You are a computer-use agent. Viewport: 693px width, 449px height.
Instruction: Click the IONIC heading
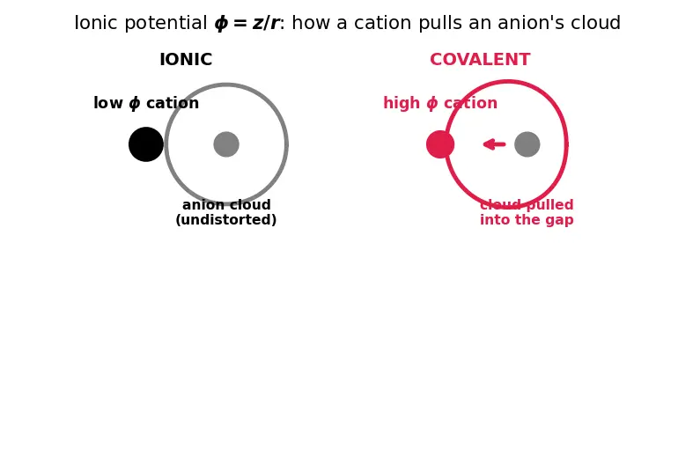(186, 60)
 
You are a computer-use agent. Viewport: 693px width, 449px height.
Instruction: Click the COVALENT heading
(480, 60)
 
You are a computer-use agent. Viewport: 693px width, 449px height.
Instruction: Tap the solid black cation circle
(146, 144)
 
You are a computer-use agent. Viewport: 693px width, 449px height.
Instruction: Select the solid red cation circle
(440, 144)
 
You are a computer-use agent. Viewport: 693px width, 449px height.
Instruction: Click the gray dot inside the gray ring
(226, 144)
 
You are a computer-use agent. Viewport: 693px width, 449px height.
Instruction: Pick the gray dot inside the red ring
(527, 144)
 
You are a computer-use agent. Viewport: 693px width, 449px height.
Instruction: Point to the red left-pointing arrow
(494, 144)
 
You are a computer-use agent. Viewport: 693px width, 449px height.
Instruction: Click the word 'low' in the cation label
(108, 103)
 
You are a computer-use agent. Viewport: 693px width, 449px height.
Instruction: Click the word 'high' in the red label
(402, 103)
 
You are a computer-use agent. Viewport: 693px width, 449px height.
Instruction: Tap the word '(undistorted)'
(225, 219)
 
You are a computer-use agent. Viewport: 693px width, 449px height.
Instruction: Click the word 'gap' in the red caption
(561, 220)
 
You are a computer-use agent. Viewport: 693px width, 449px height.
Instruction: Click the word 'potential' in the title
(166, 23)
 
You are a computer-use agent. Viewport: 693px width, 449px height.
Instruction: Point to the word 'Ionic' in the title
(96, 23)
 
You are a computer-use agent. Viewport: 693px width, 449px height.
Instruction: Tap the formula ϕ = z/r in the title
(247, 23)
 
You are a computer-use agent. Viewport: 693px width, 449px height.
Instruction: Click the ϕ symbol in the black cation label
(135, 103)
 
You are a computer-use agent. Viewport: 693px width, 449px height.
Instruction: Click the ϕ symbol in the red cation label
(431, 103)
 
